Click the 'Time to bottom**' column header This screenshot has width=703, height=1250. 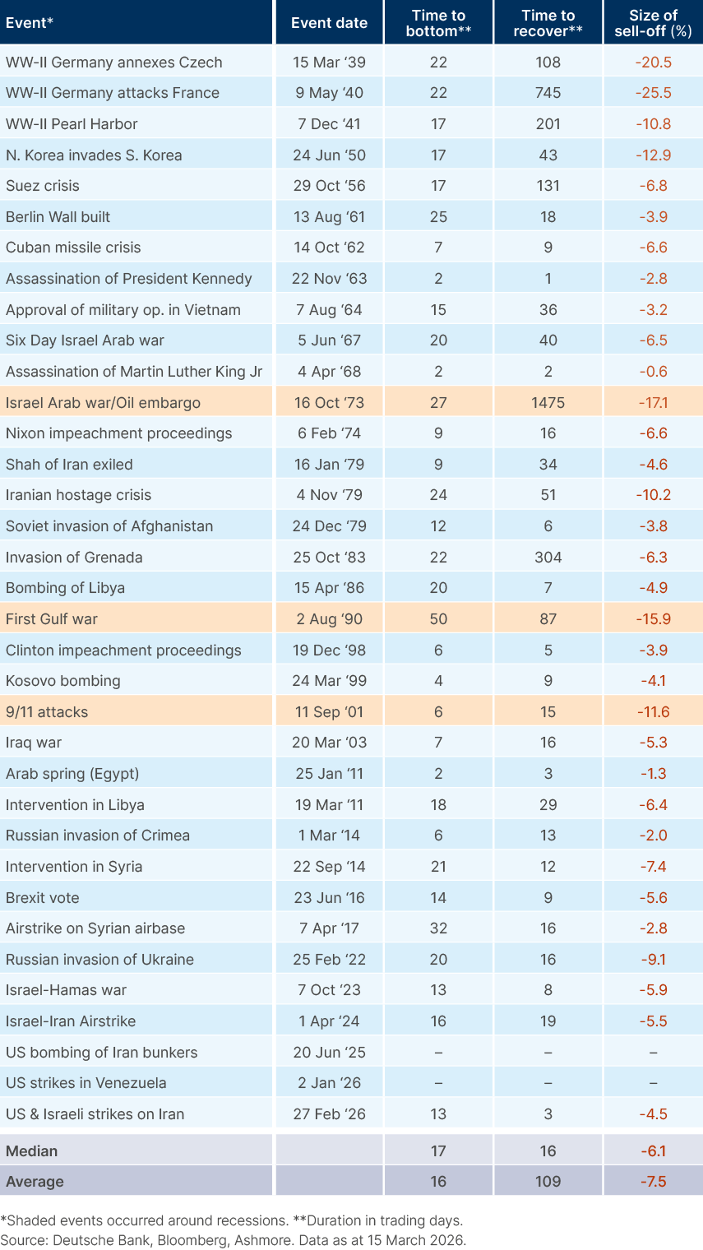pyautogui.click(x=438, y=23)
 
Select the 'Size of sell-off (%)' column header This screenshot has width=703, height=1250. pyautogui.click(x=653, y=23)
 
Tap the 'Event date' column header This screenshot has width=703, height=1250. pyautogui.click(x=329, y=23)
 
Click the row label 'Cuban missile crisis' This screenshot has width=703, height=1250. pyautogui.click(x=73, y=248)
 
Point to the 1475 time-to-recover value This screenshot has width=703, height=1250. pyautogui.click(x=548, y=403)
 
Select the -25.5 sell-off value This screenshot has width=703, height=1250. pyautogui.click(x=653, y=93)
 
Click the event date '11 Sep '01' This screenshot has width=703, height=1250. pyautogui.click(x=329, y=712)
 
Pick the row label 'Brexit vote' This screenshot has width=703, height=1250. pyautogui.click(x=43, y=898)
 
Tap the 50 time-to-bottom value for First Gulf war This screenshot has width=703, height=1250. pyautogui.click(x=438, y=619)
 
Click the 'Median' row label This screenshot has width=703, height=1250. pyautogui.click(x=32, y=1150)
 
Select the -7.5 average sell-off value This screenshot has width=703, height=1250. pyautogui.click(x=653, y=1182)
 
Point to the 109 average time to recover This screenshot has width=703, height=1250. pyautogui.click(x=548, y=1182)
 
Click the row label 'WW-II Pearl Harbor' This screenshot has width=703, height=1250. pyautogui.click(x=72, y=124)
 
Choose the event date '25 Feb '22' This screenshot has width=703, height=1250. pyautogui.click(x=329, y=960)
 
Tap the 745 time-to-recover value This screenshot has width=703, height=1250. pyautogui.click(x=548, y=93)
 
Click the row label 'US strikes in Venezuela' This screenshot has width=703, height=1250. pyautogui.click(x=86, y=1083)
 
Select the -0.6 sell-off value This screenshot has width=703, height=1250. pyautogui.click(x=653, y=372)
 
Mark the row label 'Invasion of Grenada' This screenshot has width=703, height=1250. pyautogui.click(x=74, y=558)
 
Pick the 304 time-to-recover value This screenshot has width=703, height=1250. pyautogui.click(x=548, y=558)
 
